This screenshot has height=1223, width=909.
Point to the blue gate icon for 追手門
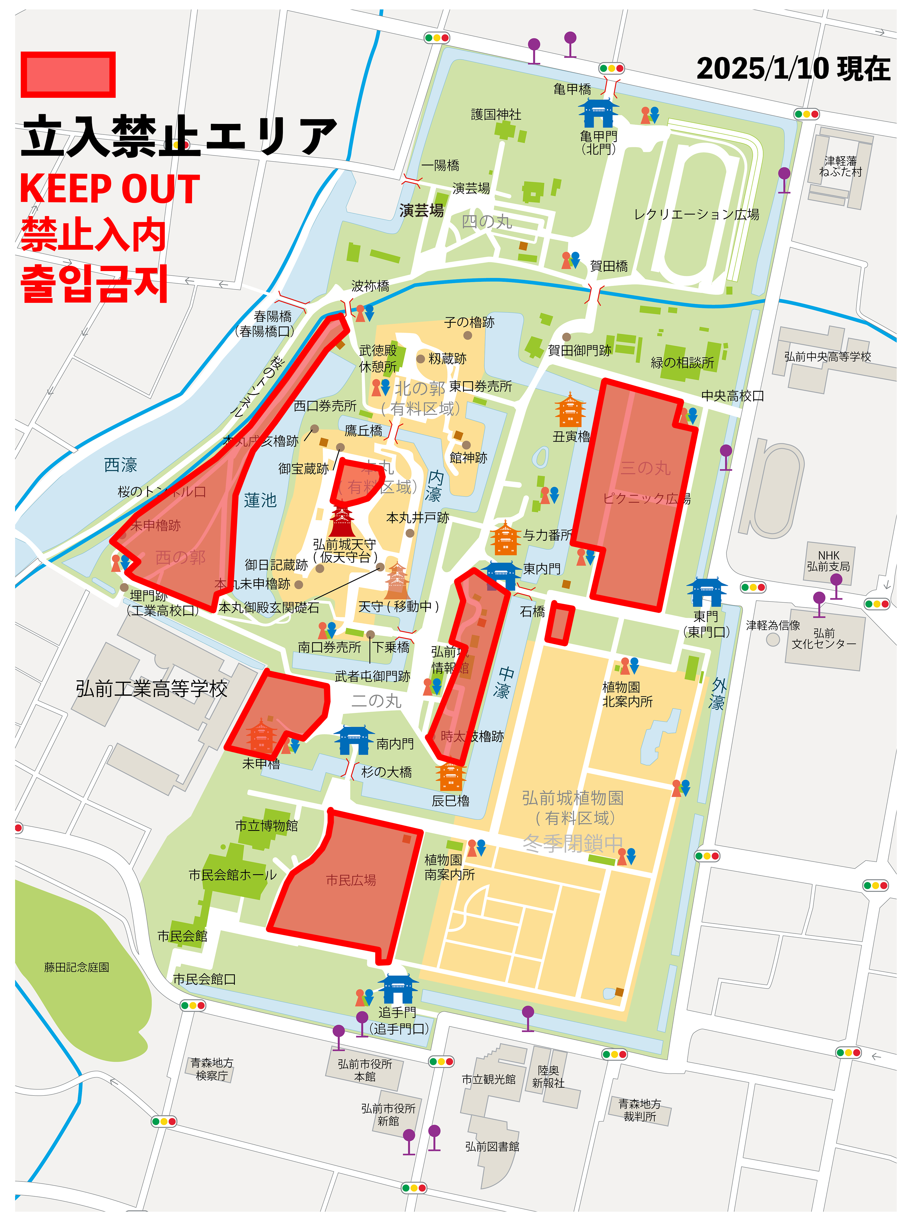[397, 989]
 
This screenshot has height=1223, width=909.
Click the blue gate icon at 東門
[707, 592]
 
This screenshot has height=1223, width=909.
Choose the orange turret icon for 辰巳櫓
[451, 776]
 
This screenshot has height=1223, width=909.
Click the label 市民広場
[351, 881]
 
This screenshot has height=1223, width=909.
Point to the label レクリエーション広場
[696, 214]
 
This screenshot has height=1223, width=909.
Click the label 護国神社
[496, 114]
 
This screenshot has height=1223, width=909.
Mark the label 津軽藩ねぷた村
[840, 166]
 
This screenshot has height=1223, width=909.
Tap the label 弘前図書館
[492, 1147]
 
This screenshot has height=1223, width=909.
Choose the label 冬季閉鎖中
[572, 843]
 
